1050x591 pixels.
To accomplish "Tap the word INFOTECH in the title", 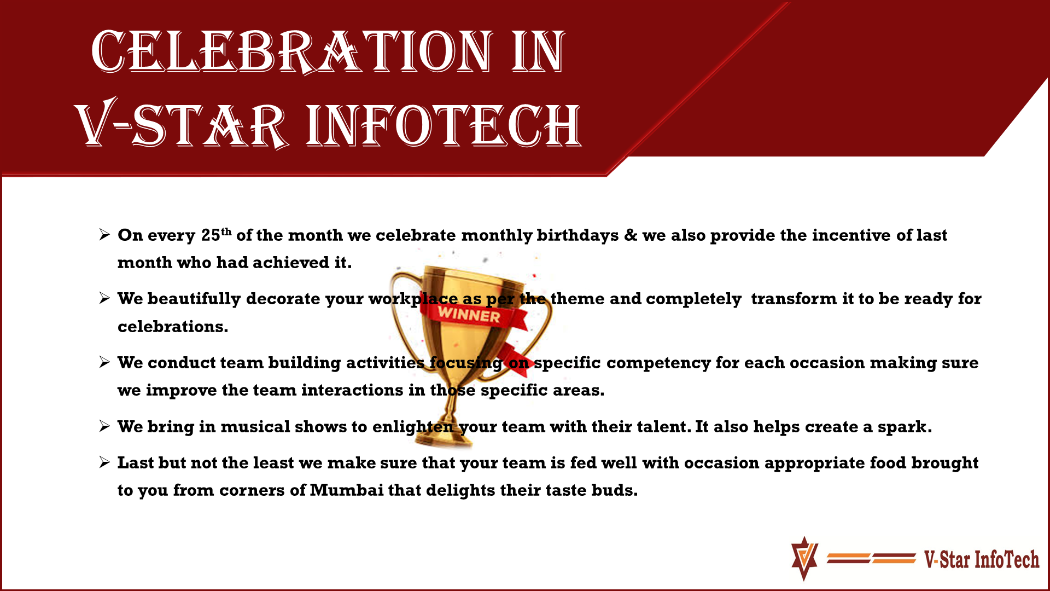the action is (444, 125).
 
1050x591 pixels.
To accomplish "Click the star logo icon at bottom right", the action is (804, 558).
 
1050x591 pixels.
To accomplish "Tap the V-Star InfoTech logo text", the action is (982, 559).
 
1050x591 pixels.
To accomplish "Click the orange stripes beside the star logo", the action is (871, 558).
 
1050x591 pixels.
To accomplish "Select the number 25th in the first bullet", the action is (217, 235).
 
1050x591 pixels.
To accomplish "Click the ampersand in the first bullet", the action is (631, 235).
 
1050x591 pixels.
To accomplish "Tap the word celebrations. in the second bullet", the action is (173, 327).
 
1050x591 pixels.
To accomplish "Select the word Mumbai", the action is (347, 490).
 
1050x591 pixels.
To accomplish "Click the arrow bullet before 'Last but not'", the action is (105, 463).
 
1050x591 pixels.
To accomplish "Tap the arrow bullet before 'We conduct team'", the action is (105, 362).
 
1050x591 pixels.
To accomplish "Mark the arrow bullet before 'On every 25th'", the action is (105, 235).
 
